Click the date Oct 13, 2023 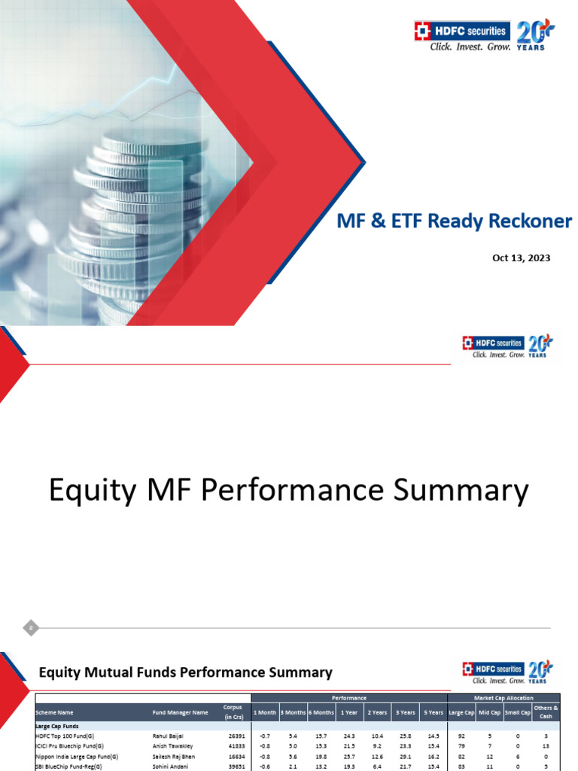521,258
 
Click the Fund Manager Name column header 180,712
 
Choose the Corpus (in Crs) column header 233,712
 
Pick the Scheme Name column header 55,712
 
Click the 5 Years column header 431,712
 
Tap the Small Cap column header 517,712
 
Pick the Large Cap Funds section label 57,724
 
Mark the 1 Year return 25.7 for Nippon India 349,756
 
